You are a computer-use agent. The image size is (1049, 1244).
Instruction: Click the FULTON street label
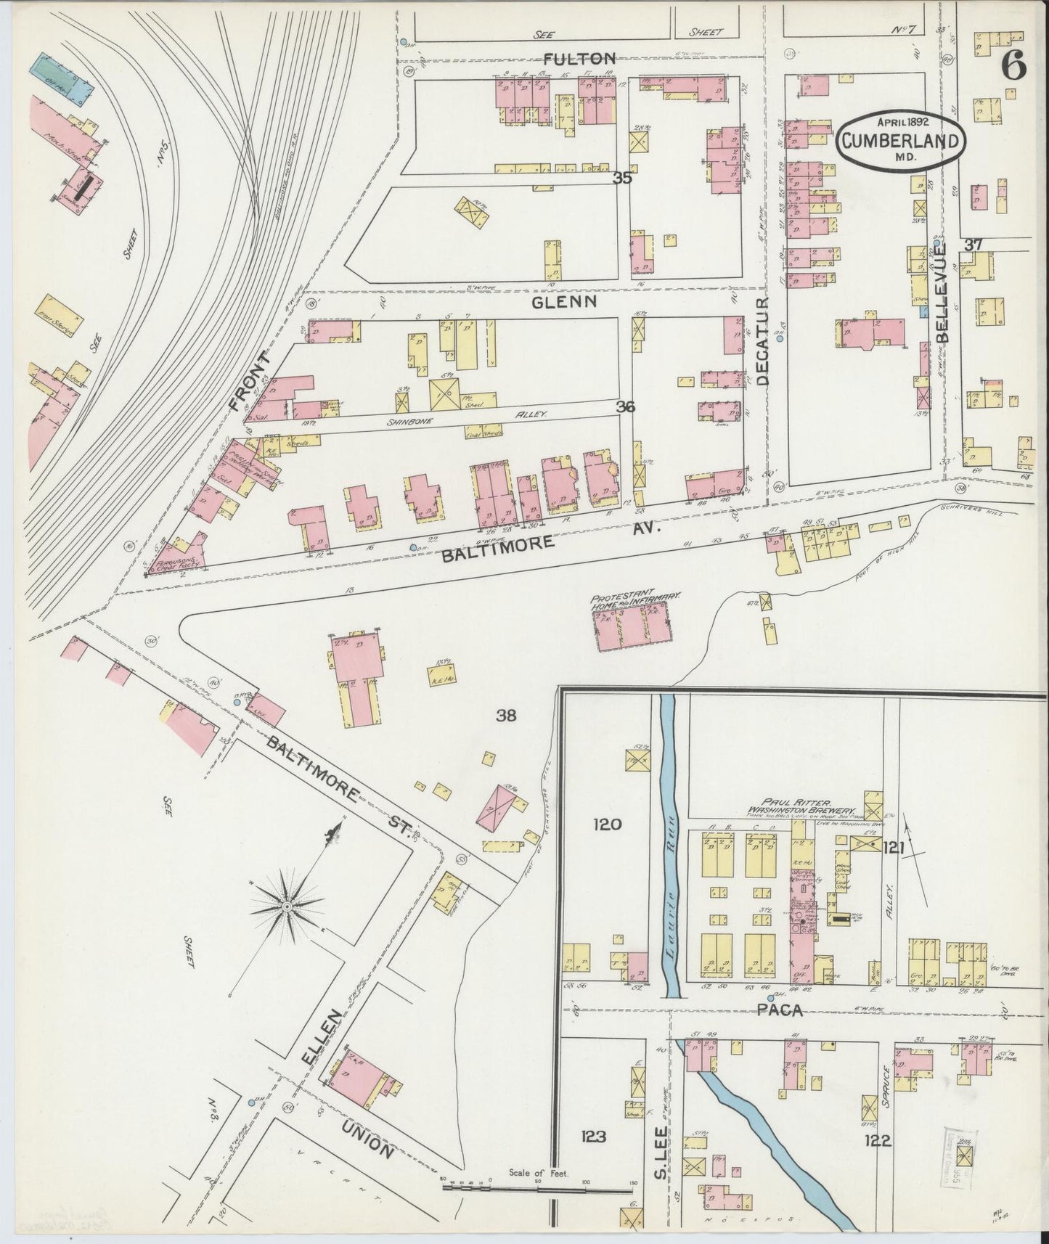[x=579, y=59]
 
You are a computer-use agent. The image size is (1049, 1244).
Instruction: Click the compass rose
[x=287, y=907]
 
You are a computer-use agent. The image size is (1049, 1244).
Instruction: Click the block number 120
[x=607, y=824]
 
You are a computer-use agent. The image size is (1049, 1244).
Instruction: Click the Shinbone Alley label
[x=494, y=414]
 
